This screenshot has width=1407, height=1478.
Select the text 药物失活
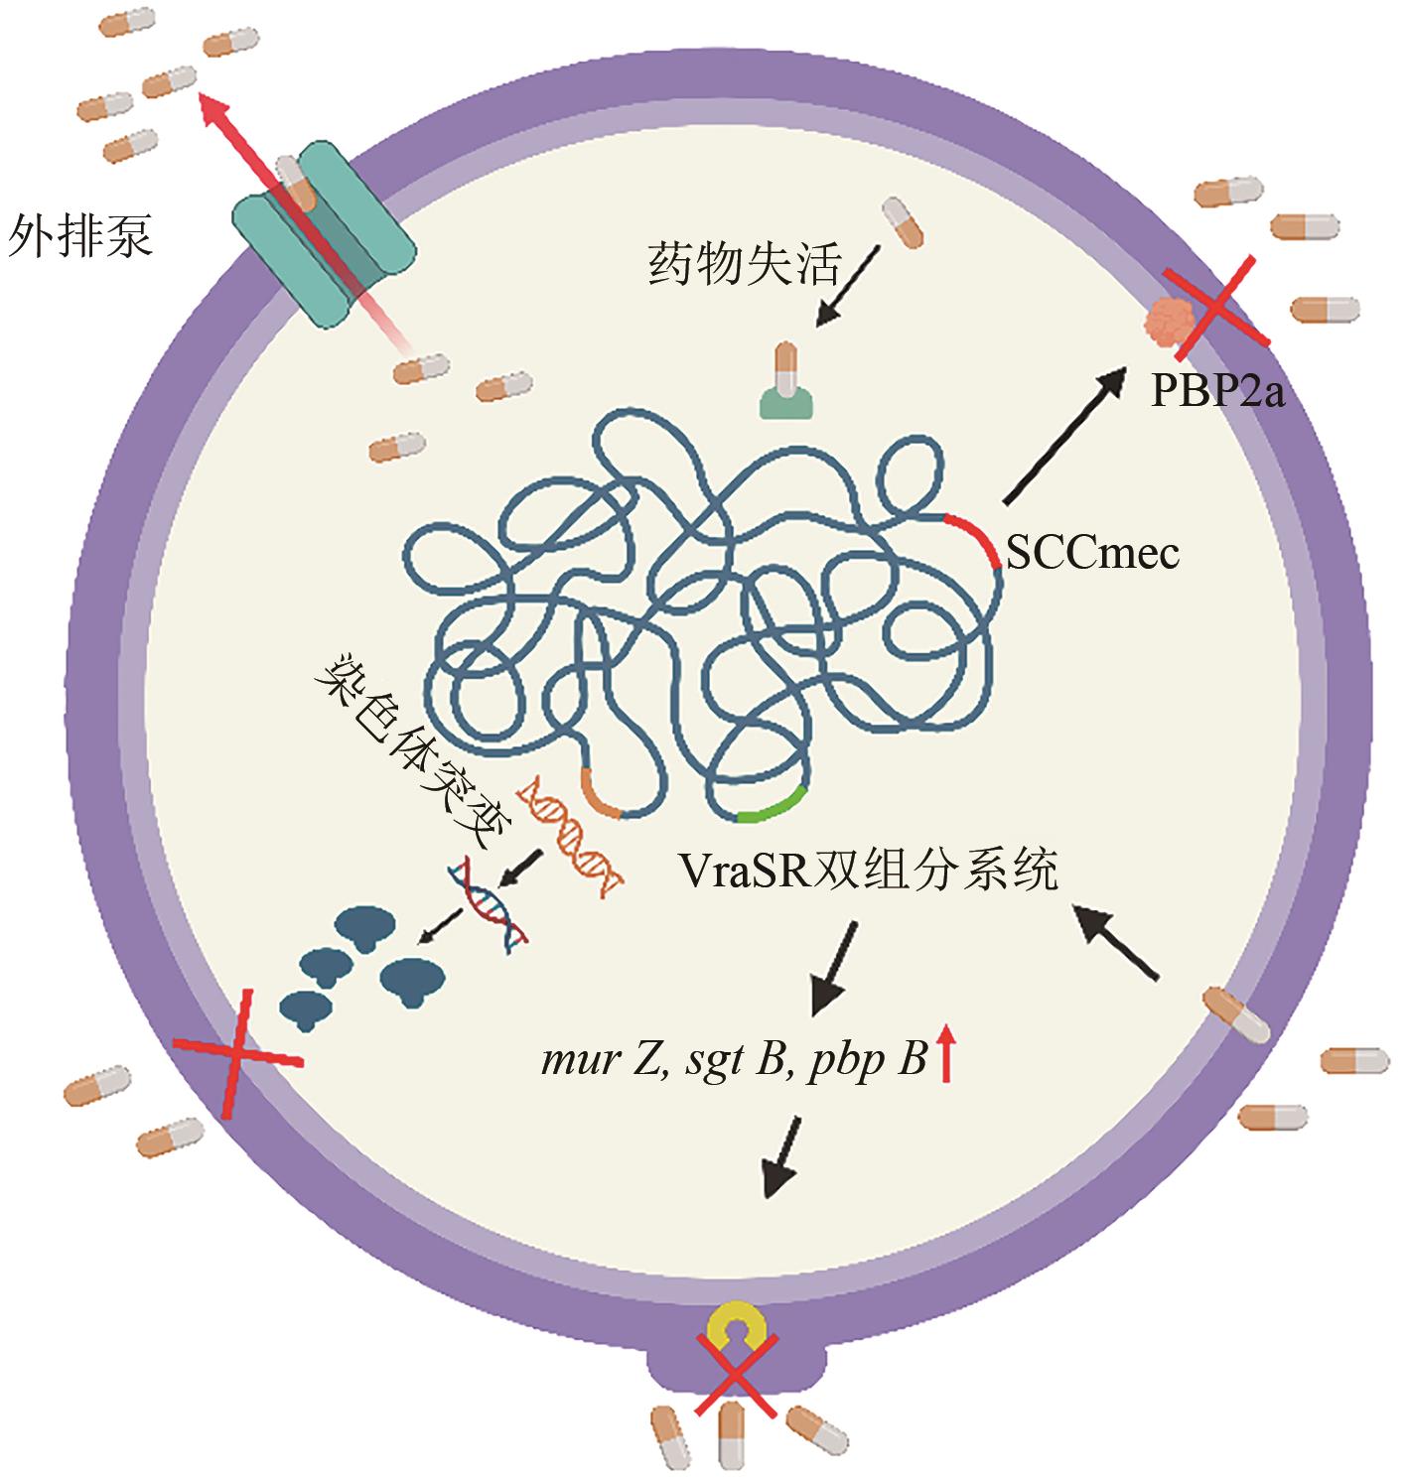pyautogui.click(x=745, y=264)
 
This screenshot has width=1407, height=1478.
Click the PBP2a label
pyautogui.click(x=1217, y=393)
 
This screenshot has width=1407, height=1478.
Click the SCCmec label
pyautogui.click(x=1092, y=552)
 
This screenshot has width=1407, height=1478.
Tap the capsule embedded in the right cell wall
pyautogui.click(x=1236, y=1013)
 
